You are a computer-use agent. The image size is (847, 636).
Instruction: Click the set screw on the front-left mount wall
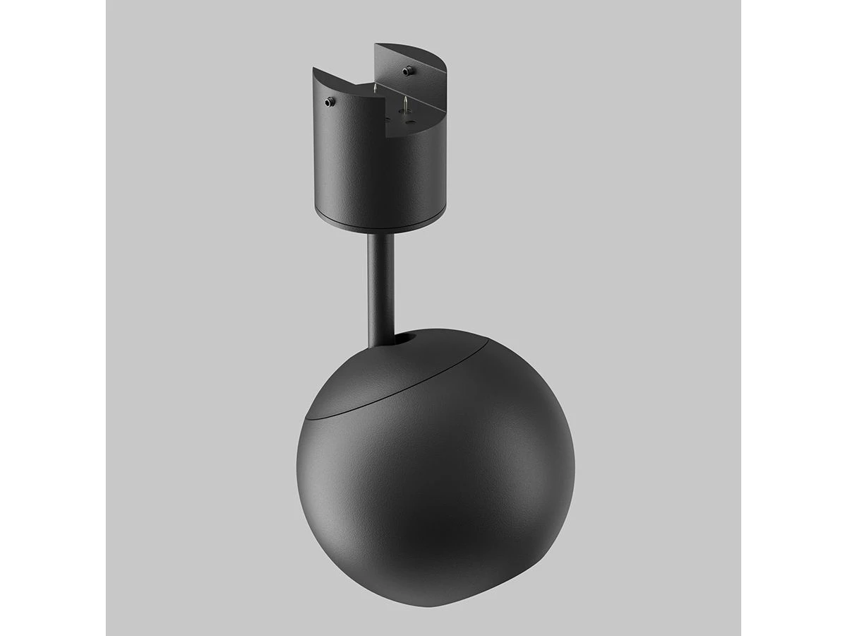click(x=329, y=102)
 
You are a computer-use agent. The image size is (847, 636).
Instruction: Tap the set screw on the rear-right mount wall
click(x=407, y=71)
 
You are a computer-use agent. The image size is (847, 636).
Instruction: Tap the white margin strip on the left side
click(x=53, y=318)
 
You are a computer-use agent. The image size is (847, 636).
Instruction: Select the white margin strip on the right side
click(x=794, y=318)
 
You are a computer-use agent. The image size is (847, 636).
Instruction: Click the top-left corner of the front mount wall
click(x=313, y=69)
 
